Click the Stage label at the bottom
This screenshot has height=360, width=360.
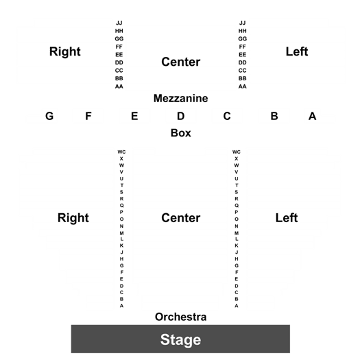click(180, 340)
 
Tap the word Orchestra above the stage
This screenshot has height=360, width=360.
click(181, 317)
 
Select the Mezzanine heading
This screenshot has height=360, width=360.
click(181, 99)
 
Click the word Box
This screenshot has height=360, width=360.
click(181, 133)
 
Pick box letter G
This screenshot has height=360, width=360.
click(49, 116)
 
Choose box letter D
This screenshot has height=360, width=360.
click(181, 116)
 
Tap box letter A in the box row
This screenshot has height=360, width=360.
click(312, 116)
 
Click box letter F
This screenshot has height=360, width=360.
click(88, 116)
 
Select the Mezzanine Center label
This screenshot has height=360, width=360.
click(181, 62)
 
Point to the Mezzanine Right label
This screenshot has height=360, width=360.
click(65, 52)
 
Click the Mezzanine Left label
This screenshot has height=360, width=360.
click(297, 51)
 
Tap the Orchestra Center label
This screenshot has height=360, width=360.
click(181, 218)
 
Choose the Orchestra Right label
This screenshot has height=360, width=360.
click(73, 218)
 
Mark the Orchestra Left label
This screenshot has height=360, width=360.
click(287, 218)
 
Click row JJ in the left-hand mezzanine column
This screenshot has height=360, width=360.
click(119, 23)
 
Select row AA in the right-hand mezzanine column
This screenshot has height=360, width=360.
click(243, 86)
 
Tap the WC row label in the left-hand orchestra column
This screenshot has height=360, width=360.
click(121, 152)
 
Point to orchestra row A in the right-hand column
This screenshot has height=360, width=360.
click(237, 306)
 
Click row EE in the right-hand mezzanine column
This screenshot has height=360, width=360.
click(243, 55)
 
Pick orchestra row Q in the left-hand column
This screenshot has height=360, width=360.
click(121, 206)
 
